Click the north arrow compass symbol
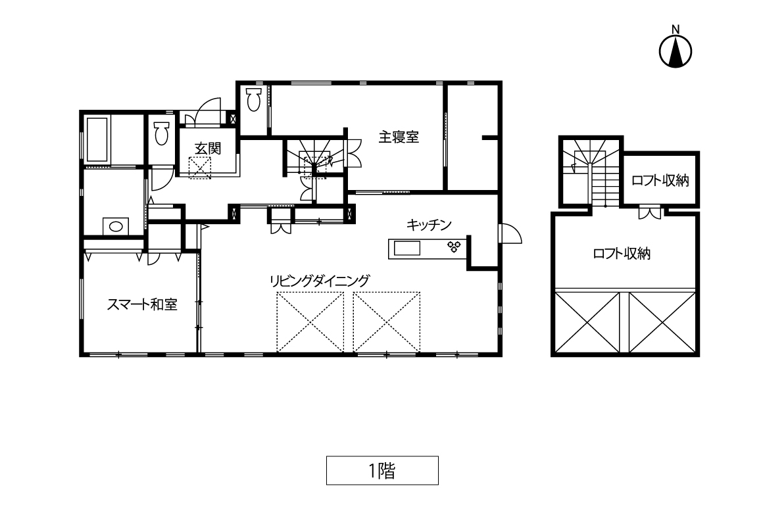pos(676,51)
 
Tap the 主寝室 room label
pos(399,137)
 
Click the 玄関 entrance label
pos(208,149)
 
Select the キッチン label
pos(429,225)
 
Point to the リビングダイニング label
pos(320,281)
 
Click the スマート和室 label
pos(142,304)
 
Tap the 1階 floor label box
pos(382,471)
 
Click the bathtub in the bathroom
pos(97,139)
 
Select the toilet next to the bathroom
pos(161,133)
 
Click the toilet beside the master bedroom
pos(253,99)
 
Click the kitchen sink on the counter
pos(406,249)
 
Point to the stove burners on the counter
pos(453,247)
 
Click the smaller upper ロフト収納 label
pos(660,181)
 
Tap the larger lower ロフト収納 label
pos(622,254)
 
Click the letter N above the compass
pos(676,29)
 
